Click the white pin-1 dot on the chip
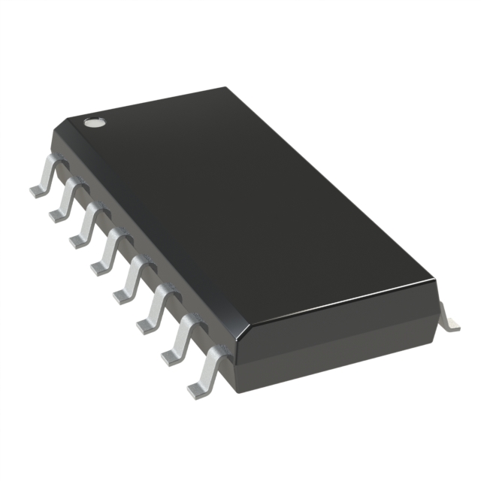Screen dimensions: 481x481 [x=93, y=121]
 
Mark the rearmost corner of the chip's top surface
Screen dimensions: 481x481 [x=227, y=88]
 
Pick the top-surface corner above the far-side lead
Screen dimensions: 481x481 [x=434, y=281]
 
